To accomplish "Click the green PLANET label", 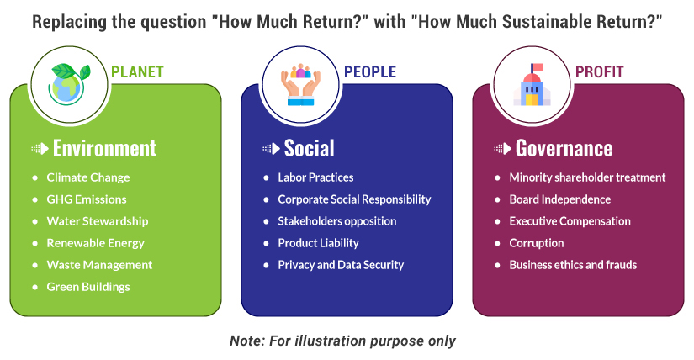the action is tap(137, 71).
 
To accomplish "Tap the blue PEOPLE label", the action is tap(370, 71).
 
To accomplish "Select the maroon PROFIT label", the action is tap(599, 71).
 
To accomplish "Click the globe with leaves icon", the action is tap(70, 84).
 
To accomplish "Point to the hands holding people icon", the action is tap(300, 84).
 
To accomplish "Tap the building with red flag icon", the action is tap(532, 84).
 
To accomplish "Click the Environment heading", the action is tap(105, 148).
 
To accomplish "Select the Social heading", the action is tap(309, 148).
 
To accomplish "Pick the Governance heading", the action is tap(564, 148).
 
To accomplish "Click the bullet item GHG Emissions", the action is tap(87, 199).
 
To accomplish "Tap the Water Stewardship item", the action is tap(98, 221).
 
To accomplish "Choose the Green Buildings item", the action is tap(88, 287).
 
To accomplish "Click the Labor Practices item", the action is tap(315, 177).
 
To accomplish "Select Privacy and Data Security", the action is tap(341, 265).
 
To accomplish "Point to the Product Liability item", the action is tap(318, 243).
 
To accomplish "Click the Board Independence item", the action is tap(560, 199).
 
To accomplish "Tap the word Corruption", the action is tap(537, 243).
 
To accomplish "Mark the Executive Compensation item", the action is tap(570, 221).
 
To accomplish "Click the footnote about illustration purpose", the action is tap(342, 341).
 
